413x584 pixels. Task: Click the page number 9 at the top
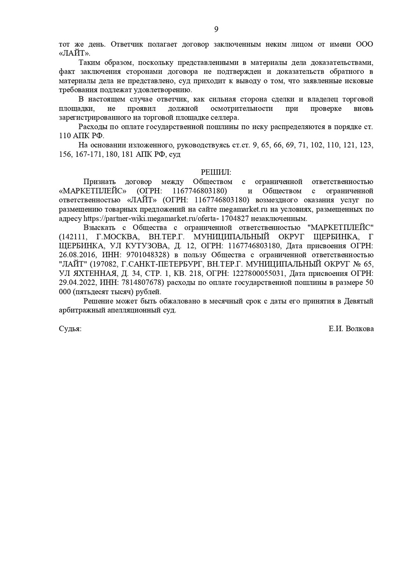[x=216, y=29]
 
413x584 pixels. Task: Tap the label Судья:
[x=70, y=329]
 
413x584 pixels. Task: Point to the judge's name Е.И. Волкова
[x=351, y=329]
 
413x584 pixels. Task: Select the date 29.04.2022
[x=77, y=283]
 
